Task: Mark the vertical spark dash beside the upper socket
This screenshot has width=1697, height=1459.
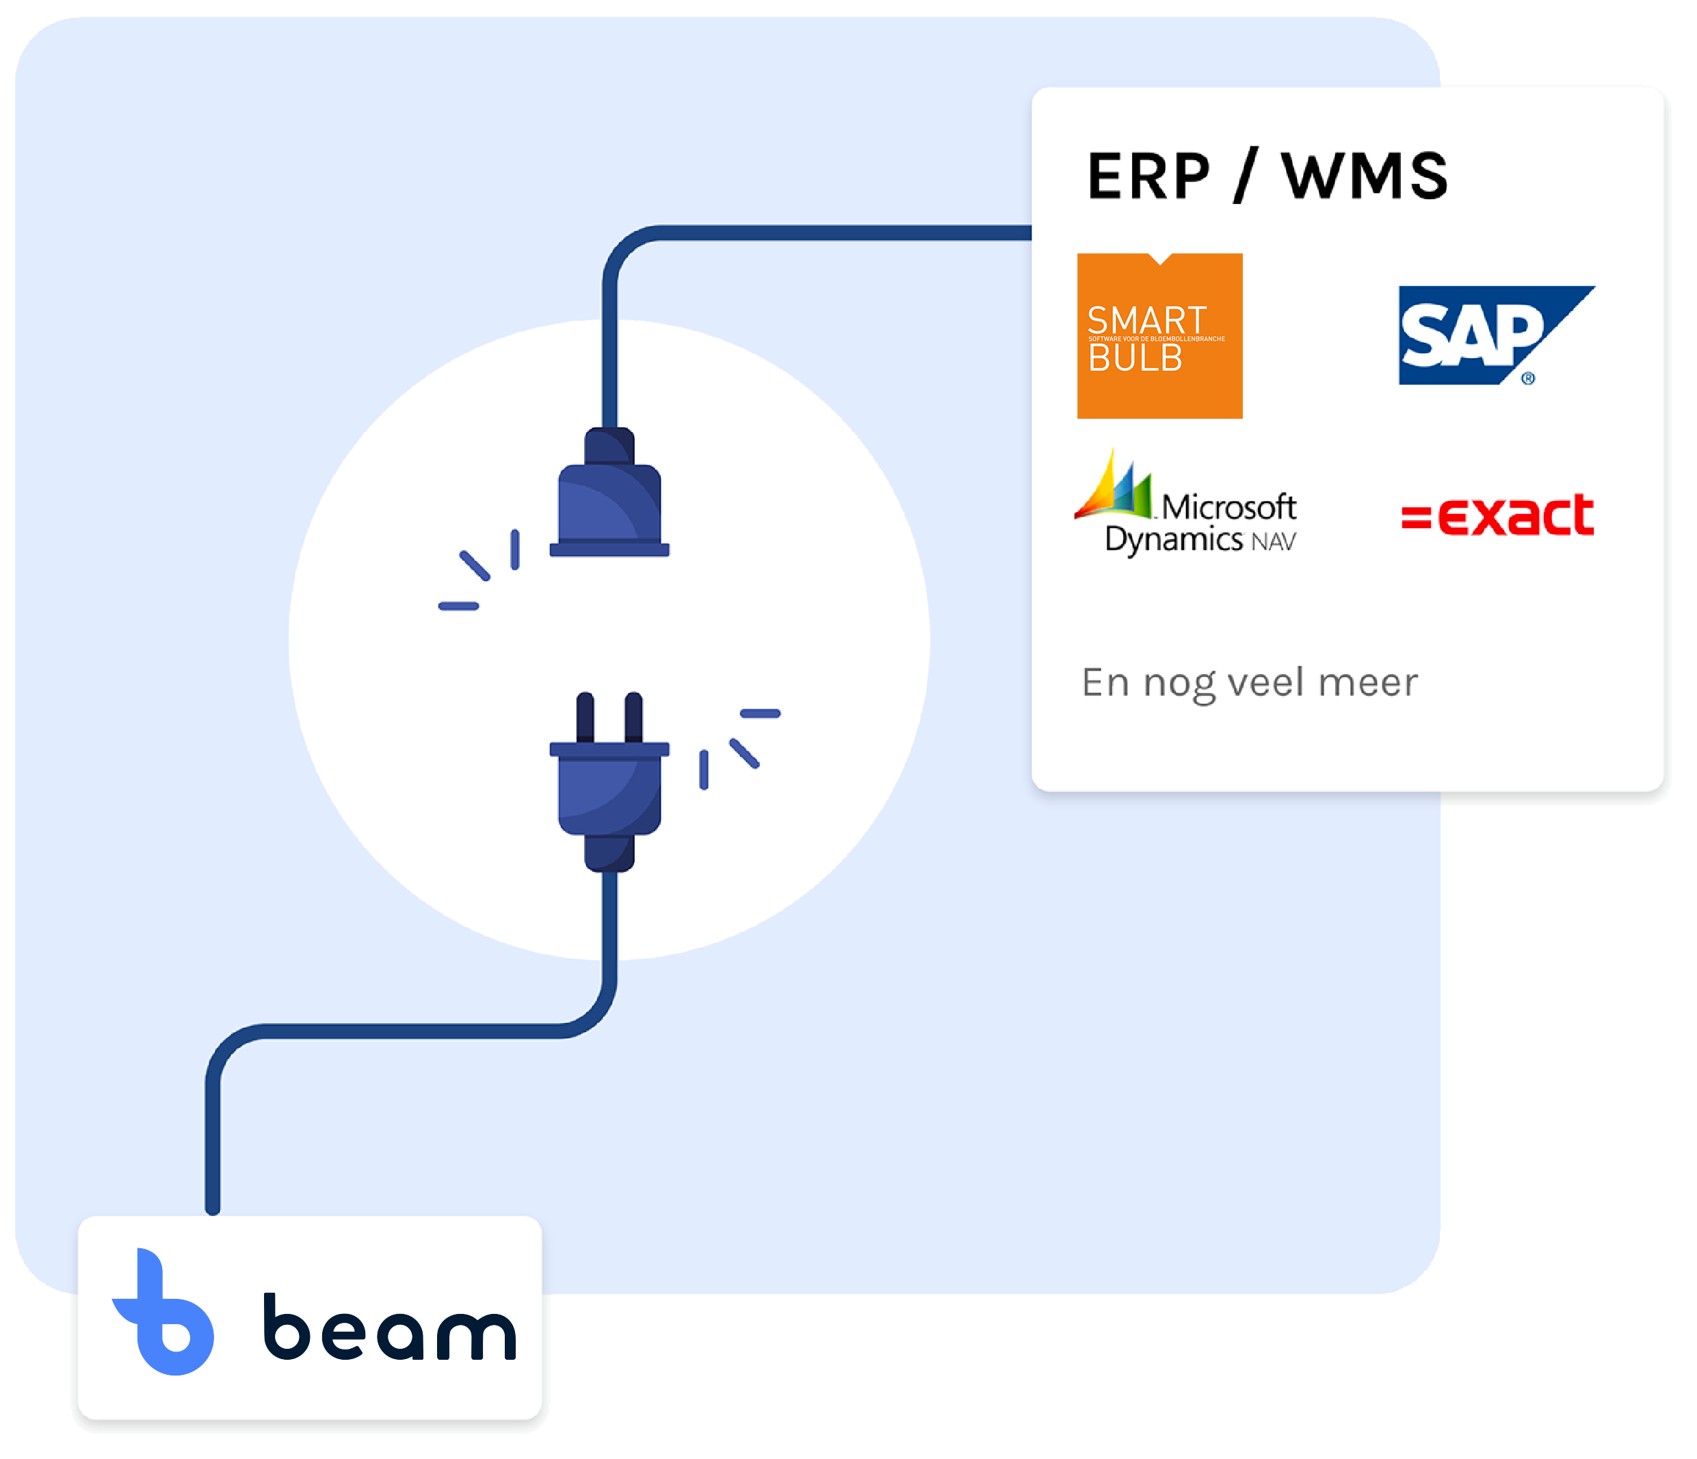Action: pyautogui.click(x=515, y=549)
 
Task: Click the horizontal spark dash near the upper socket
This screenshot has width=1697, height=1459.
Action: pyautogui.click(x=459, y=606)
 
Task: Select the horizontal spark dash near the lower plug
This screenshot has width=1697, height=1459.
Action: pyautogui.click(x=760, y=714)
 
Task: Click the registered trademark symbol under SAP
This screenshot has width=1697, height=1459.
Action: pyautogui.click(x=1528, y=378)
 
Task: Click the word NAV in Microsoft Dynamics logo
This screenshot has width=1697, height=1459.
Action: pyautogui.click(x=1274, y=542)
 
